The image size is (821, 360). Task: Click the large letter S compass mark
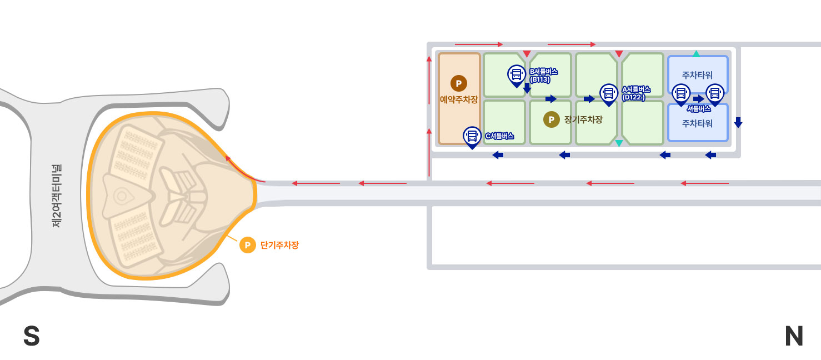[x=32, y=336]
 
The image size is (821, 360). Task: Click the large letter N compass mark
[x=794, y=336]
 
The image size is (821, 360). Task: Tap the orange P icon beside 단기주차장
[x=247, y=244]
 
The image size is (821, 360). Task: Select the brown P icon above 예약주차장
[x=459, y=83]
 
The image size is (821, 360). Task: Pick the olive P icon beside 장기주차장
[x=551, y=119]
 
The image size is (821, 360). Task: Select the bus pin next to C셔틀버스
[x=472, y=136]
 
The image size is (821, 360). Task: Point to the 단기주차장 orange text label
[x=279, y=245]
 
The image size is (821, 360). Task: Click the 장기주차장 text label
[x=583, y=119]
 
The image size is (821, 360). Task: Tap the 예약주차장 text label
[x=459, y=100]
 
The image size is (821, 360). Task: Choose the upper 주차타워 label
[x=697, y=74]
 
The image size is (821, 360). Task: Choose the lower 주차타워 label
[x=697, y=123]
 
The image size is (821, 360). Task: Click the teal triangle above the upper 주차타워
[x=697, y=54]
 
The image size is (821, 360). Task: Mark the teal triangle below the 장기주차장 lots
[x=619, y=143]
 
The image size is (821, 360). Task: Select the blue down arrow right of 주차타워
[x=738, y=122]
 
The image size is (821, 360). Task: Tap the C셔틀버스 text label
[x=499, y=136]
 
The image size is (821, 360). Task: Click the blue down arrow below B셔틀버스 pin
[x=527, y=88]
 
